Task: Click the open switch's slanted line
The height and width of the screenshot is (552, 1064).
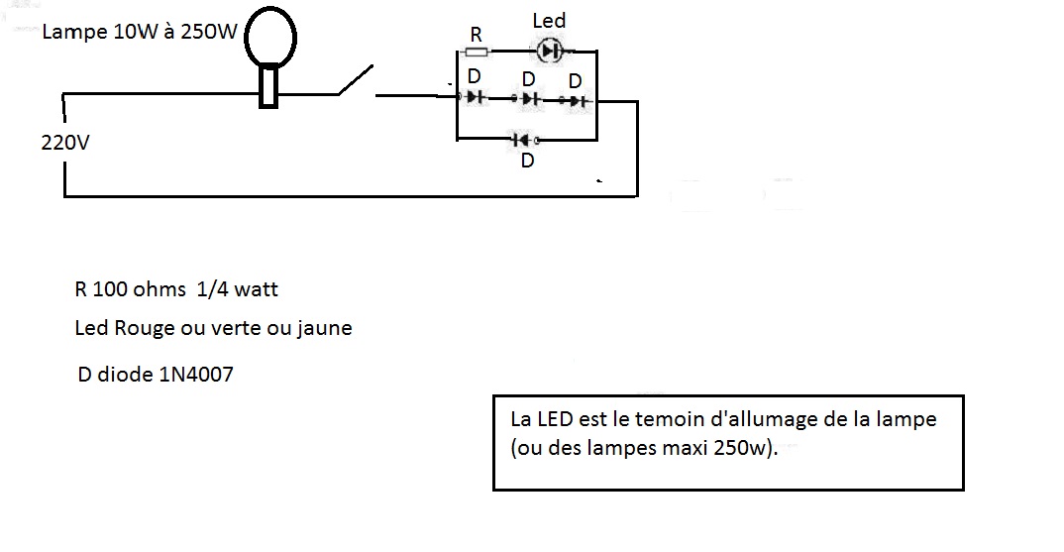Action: point(357,81)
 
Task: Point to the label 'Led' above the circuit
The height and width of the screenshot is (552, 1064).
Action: point(548,21)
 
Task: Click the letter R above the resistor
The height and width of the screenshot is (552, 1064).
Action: point(476,34)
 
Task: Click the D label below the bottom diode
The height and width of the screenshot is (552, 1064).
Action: point(528,160)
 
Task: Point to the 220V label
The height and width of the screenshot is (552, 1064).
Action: point(65,143)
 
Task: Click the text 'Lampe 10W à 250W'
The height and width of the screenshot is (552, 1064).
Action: point(140,33)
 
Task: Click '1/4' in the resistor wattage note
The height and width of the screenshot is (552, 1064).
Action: point(208,289)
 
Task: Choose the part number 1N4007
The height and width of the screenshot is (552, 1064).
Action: point(195,376)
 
